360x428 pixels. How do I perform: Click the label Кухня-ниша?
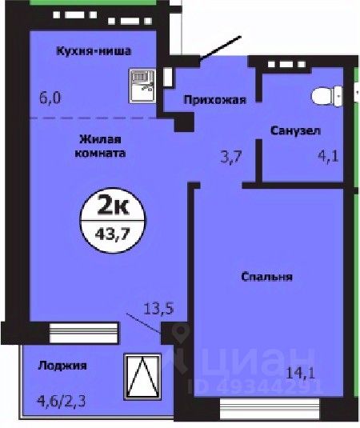[94, 53]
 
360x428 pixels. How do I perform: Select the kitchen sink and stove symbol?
[142, 83]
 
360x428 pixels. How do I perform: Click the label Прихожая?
[214, 101]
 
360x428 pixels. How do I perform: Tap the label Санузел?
[295, 130]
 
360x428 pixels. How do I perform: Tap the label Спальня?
[267, 277]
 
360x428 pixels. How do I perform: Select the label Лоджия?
[62, 366]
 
